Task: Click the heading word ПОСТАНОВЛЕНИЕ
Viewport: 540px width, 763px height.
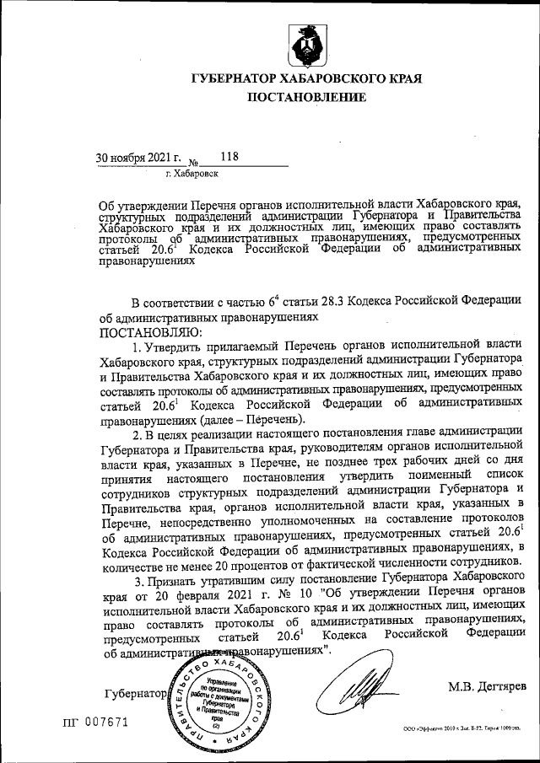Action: point(306,98)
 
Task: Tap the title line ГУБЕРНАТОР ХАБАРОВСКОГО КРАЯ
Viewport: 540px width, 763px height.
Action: point(307,78)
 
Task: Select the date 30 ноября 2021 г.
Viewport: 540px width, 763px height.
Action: point(138,157)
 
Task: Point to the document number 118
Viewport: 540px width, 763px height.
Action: point(229,156)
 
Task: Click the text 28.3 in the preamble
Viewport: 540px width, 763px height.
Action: point(337,301)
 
